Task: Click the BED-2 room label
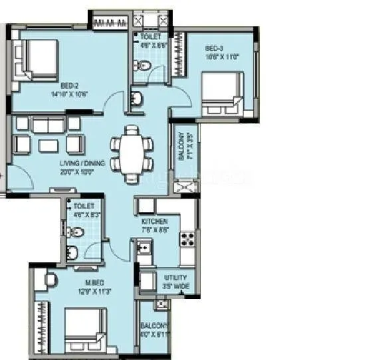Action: [70, 86]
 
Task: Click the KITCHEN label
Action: [154, 221]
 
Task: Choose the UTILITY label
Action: [175, 278]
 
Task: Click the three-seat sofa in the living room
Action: [48, 124]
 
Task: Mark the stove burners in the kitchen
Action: [187, 240]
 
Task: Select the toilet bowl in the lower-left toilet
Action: [76, 232]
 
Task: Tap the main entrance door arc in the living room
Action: [20, 176]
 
